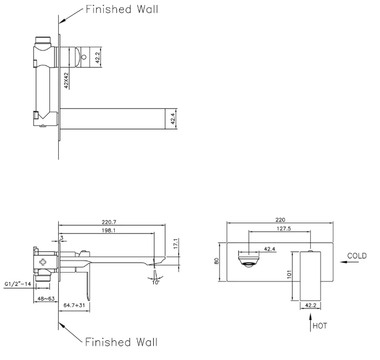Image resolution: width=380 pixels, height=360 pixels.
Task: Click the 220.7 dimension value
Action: point(109,222)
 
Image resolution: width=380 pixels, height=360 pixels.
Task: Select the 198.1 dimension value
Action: point(109,230)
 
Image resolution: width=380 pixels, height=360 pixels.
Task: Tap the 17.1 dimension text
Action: point(176,243)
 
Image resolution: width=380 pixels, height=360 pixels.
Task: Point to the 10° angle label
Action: point(155,283)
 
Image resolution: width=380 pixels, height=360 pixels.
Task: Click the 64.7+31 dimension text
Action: point(74,305)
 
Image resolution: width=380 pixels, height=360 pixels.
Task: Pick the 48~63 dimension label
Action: point(46,298)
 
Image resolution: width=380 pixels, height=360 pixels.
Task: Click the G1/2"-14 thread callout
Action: point(18,284)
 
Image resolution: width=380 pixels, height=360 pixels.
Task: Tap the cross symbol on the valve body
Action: point(43,262)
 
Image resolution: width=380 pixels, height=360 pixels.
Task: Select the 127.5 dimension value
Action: point(284,229)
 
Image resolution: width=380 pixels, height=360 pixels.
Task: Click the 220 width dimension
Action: point(280,220)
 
